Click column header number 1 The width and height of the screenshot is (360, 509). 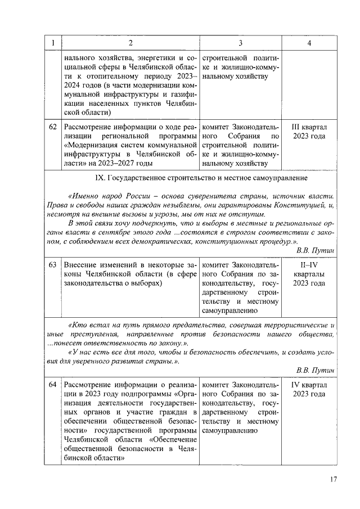point(52,43)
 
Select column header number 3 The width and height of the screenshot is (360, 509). point(240,43)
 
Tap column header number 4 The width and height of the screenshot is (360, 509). point(309,43)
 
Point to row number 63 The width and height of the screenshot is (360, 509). point(52,264)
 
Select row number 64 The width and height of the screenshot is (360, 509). point(52,385)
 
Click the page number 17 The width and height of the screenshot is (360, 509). point(333,479)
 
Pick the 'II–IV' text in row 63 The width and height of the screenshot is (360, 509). point(309,264)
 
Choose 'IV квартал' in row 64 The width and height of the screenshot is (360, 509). point(309,385)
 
